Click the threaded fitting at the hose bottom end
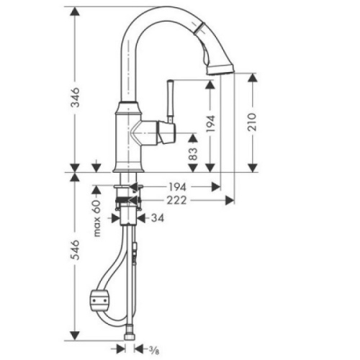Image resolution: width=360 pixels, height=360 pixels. click(130, 336)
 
